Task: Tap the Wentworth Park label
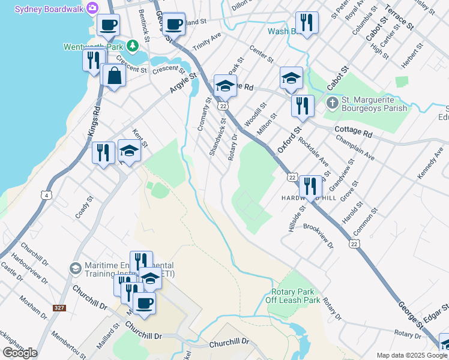click(x=94, y=46)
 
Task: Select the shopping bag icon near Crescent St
click(x=113, y=76)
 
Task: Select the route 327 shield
click(x=59, y=308)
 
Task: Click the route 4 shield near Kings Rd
click(x=46, y=194)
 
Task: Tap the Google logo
click(x=20, y=353)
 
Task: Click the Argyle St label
click(x=182, y=83)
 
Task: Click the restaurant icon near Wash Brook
click(x=307, y=22)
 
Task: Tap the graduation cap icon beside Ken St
click(x=129, y=150)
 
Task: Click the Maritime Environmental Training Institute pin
click(x=75, y=268)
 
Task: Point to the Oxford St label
click(x=289, y=139)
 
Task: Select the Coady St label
click(x=85, y=206)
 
